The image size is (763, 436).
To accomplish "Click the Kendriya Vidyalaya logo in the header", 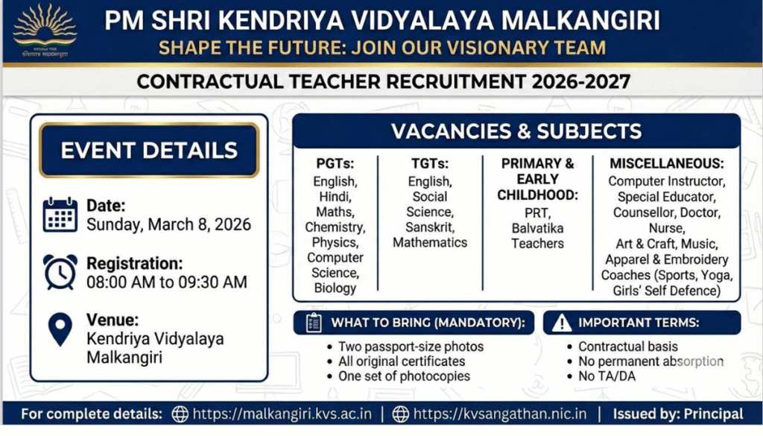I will click(45, 31).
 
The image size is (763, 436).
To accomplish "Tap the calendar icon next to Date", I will click(60, 215).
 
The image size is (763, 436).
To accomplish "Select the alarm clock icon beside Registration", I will click(60, 272).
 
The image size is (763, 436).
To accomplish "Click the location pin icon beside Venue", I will click(60, 329).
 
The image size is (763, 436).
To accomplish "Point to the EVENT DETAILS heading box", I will click(149, 150).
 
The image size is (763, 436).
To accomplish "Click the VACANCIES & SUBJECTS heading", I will click(516, 132).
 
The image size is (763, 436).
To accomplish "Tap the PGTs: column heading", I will click(335, 163).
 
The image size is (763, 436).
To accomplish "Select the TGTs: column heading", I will click(430, 163).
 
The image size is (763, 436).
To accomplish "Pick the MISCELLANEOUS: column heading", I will click(666, 163).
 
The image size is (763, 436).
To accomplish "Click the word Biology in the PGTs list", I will click(335, 288).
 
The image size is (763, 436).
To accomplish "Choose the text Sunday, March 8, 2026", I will click(168, 224).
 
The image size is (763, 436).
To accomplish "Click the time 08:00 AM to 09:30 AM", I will click(167, 282).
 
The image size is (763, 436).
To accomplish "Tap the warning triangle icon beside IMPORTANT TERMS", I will click(563, 323).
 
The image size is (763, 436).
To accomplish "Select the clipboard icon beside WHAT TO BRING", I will click(313, 323).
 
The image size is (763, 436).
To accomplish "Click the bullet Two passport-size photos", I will click(411, 347).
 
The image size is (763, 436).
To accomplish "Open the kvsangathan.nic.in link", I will click(500, 414).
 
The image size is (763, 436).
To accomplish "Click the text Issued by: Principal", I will click(677, 414).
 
